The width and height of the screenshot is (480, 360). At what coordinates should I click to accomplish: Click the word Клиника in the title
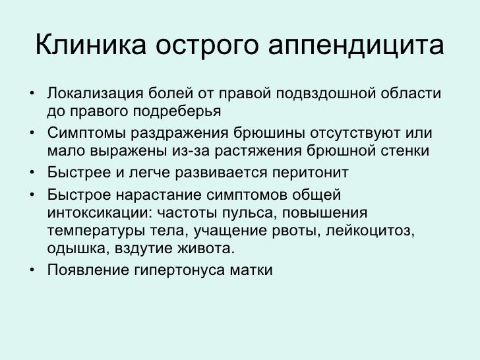click(90, 44)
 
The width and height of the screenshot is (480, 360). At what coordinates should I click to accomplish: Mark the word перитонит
click(310, 173)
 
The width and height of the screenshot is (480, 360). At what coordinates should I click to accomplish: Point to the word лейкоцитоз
click(370, 231)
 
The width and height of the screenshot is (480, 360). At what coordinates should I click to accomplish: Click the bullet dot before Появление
click(32, 270)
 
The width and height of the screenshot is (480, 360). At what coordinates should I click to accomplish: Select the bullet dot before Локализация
click(32, 93)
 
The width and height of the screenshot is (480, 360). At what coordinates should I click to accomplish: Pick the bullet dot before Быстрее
click(32, 172)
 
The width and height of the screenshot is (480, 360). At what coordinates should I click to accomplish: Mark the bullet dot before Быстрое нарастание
click(32, 195)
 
